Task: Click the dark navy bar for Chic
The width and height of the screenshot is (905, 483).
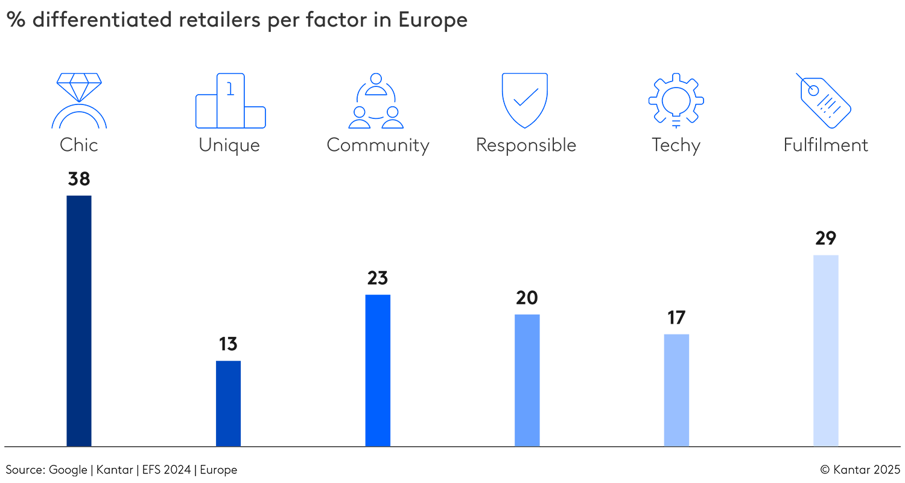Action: (x=78, y=321)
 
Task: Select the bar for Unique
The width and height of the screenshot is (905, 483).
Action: (x=228, y=403)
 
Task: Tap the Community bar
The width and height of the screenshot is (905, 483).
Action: (x=378, y=370)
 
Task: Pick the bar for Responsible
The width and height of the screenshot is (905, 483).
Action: (x=527, y=380)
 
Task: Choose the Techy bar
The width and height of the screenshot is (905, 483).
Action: (x=676, y=390)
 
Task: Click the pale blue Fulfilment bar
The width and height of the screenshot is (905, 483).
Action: (x=825, y=350)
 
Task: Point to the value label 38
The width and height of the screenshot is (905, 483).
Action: (x=78, y=179)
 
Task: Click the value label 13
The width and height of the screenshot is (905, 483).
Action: (x=228, y=344)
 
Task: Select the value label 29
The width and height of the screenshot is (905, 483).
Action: (x=825, y=238)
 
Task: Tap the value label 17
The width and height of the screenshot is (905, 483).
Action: (x=676, y=318)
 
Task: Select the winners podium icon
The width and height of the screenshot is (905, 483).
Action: (x=230, y=101)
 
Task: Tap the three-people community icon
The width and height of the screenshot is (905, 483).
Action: (x=376, y=101)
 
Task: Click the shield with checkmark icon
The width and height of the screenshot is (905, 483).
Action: (x=524, y=100)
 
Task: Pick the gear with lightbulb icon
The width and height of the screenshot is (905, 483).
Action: (x=676, y=100)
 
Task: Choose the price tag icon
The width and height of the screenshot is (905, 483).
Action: (x=824, y=100)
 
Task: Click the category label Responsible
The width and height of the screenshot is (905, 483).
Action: (x=526, y=146)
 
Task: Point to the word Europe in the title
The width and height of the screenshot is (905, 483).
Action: (x=433, y=20)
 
